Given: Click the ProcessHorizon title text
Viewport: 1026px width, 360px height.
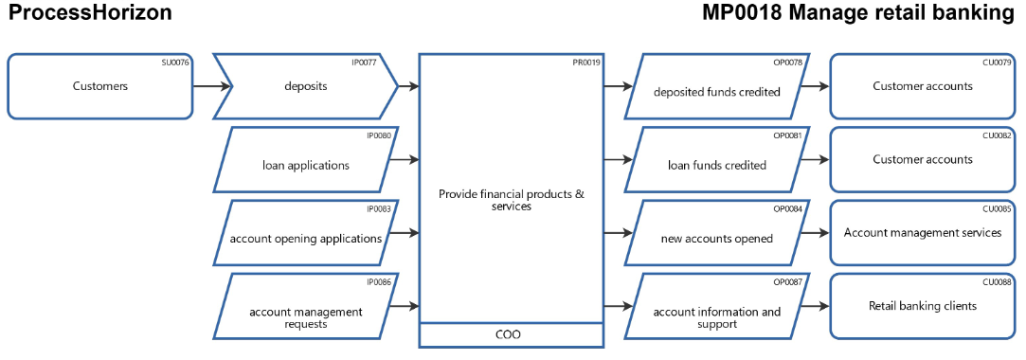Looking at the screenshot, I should click(91, 13).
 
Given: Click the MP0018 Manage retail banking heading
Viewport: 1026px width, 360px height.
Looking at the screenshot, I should click(858, 13).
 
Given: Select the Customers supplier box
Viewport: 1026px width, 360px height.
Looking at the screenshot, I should click(99, 86).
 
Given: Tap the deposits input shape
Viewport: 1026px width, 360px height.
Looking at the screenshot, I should click(305, 86).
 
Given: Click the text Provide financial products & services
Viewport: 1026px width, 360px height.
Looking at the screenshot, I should click(512, 200).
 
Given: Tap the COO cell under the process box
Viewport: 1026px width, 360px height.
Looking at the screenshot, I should click(512, 334).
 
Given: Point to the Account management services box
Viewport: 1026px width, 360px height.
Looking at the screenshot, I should click(923, 233).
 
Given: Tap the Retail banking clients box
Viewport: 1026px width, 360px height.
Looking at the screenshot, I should click(923, 307).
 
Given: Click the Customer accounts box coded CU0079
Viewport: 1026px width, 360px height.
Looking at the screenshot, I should click(923, 86).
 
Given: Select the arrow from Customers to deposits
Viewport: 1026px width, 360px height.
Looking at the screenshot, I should click(211, 86).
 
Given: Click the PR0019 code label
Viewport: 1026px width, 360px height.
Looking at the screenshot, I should click(586, 63).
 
